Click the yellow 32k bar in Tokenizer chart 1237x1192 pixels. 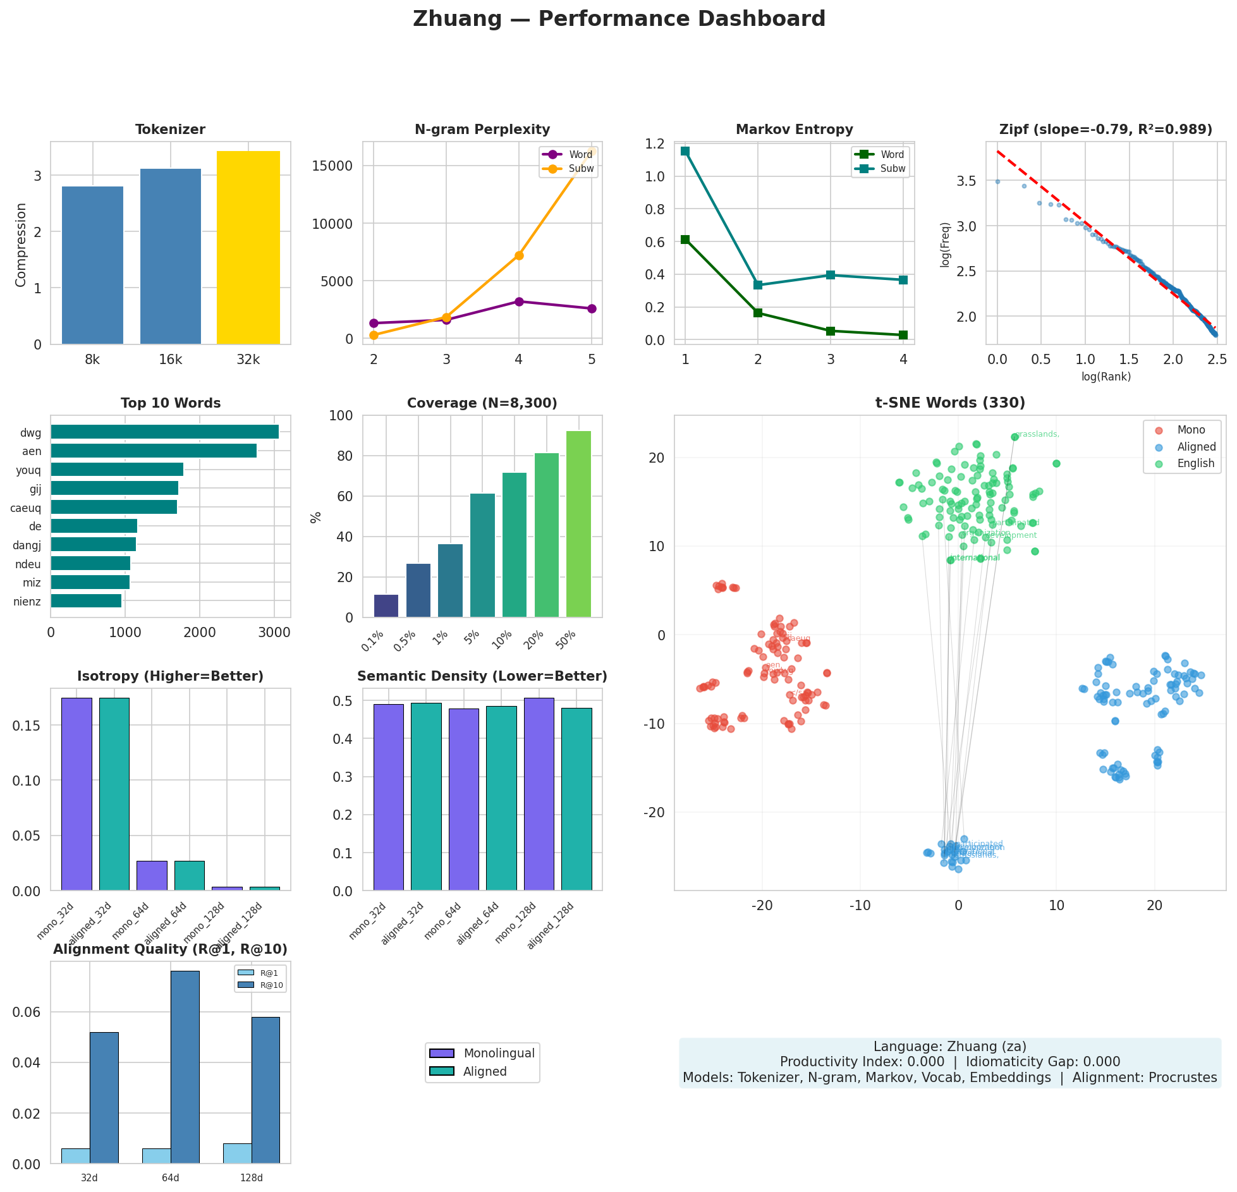[248, 248]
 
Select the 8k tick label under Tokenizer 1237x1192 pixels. [92, 360]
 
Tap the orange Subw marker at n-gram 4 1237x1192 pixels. [519, 255]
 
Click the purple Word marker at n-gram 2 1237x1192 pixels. [374, 323]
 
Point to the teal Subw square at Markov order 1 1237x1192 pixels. [685, 151]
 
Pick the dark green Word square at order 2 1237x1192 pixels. [758, 313]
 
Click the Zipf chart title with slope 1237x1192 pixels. [1106, 130]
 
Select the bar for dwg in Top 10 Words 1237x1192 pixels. [164, 432]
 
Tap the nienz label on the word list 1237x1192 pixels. [27, 601]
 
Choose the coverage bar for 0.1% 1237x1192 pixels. [386, 605]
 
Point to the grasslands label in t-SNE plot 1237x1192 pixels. [1037, 434]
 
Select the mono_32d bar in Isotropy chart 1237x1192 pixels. [76, 794]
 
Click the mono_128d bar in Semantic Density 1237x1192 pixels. [539, 794]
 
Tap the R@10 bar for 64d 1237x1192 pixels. [185, 1066]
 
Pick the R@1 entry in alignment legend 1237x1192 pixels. [261, 973]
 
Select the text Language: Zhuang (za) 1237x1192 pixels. [949, 1047]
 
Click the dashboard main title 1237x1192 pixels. [619, 19]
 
